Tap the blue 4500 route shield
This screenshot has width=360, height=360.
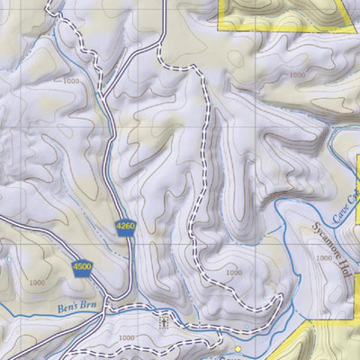coord(83,265)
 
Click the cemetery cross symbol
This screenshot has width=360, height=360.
coord(163,320)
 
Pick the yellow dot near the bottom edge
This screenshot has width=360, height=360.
coord(238,348)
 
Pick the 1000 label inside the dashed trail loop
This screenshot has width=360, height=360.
coord(233,273)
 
